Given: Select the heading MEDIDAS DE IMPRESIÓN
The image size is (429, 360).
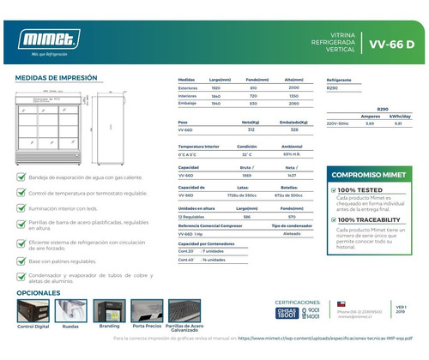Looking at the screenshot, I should (54, 77).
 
